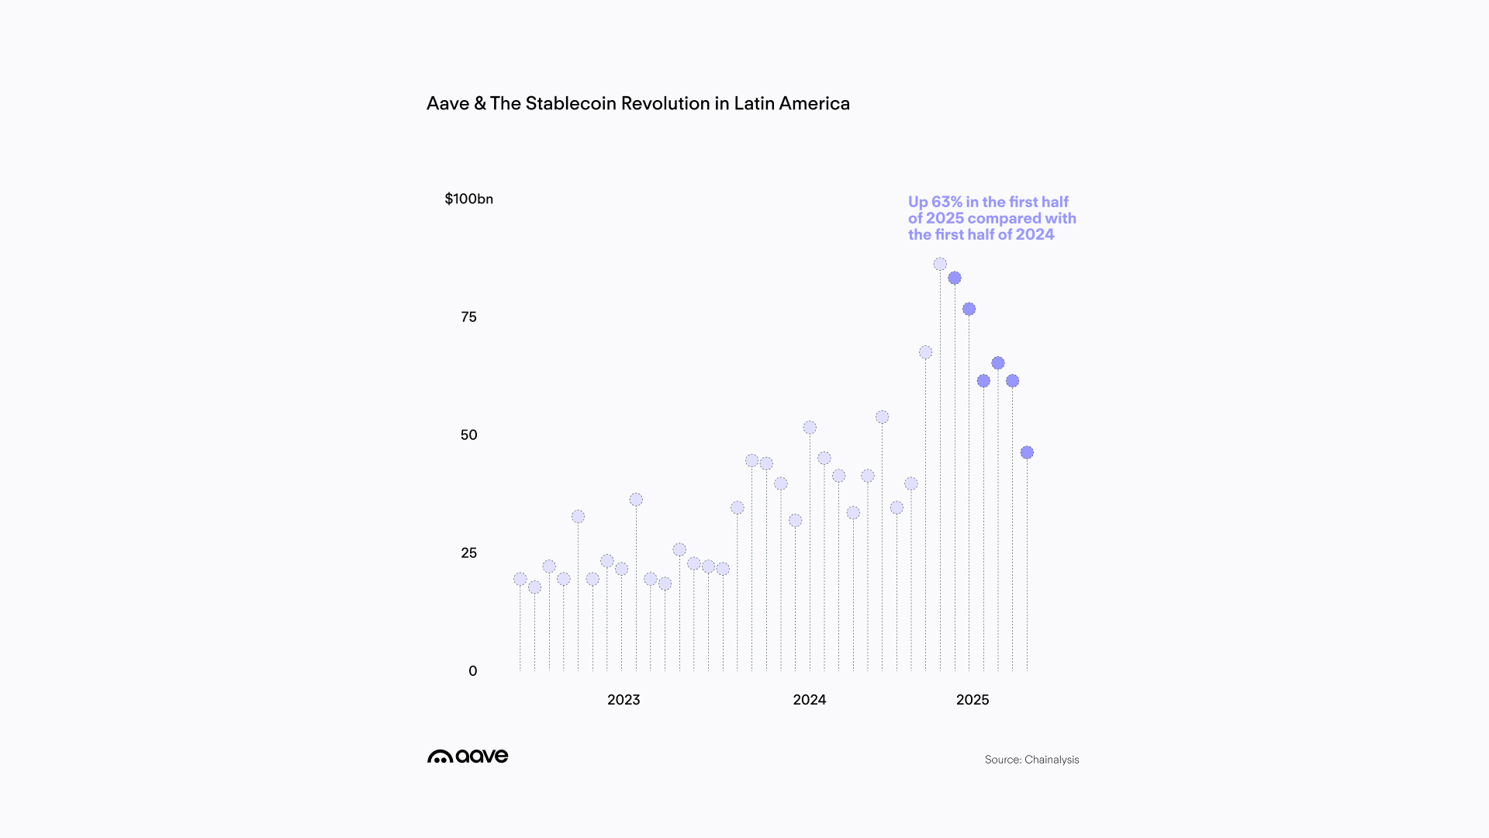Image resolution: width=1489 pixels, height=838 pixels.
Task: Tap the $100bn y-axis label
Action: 468,199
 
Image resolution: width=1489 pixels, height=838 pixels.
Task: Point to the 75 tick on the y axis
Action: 468,317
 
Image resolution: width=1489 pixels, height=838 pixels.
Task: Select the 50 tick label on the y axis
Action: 468,435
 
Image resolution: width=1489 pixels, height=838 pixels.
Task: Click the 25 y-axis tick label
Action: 468,553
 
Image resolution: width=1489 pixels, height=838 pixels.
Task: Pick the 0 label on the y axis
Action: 472,671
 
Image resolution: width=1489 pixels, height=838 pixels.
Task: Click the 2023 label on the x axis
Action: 624,700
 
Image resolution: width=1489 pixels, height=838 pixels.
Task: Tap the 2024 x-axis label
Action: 809,700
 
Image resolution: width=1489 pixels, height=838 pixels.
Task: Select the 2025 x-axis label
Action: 973,700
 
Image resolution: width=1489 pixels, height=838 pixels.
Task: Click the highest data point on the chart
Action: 940,265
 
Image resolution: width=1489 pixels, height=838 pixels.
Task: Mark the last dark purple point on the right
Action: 1027,452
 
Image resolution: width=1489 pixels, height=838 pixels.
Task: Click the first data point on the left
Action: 520,579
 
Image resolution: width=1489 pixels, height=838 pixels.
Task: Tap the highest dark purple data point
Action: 955,278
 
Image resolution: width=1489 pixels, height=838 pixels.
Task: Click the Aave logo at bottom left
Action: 468,757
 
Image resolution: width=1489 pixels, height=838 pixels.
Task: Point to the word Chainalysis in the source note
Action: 1052,760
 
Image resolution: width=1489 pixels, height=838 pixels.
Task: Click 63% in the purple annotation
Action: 946,203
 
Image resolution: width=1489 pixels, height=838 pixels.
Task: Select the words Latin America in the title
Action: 792,104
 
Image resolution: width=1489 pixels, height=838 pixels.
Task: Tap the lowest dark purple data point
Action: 1027,452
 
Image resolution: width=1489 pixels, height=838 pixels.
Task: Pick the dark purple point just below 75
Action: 969,309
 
